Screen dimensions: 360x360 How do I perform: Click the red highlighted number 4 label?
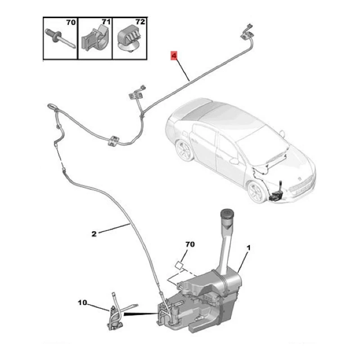(x=174, y=56)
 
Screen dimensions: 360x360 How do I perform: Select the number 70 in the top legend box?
(x=71, y=22)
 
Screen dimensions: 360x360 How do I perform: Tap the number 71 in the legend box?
(x=105, y=22)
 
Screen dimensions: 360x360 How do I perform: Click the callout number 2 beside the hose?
(x=94, y=234)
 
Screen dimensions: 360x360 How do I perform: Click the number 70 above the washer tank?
(x=190, y=245)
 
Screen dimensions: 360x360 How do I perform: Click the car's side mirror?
(x=234, y=160)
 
